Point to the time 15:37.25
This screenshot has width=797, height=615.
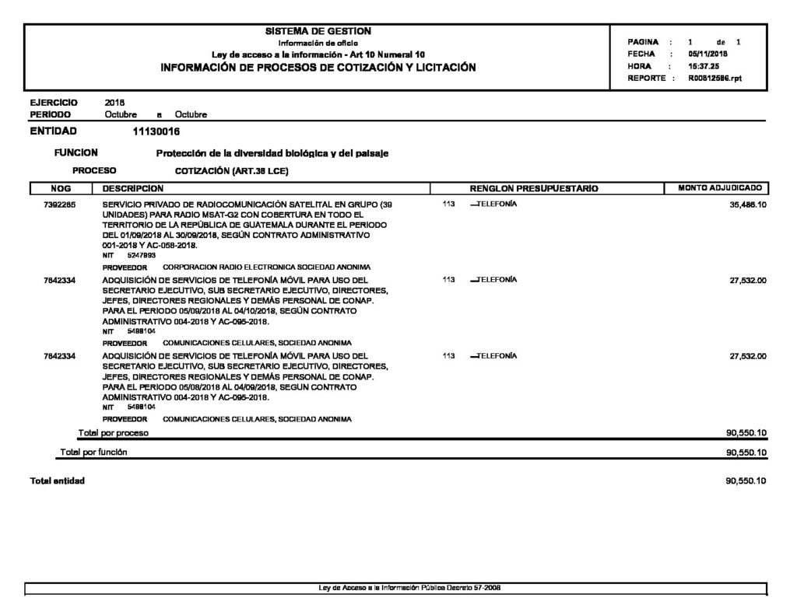pyautogui.click(x=702, y=67)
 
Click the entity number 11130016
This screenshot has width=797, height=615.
pyautogui.click(x=157, y=131)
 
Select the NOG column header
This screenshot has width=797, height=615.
pyautogui.click(x=61, y=188)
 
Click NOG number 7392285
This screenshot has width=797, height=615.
pyautogui.click(x=60, y=204)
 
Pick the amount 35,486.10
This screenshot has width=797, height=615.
pyautogui.click(x=748, y=204)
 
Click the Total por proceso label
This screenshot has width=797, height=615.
pyautogui.click(x=114, y=432)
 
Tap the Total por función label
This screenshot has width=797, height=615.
pyautogui.click(x=94, y=452)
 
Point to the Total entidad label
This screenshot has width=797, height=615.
pyautogui.click(x=57, y=481)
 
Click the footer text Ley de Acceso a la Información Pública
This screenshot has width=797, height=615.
pyautogui.click(x=409, y=588)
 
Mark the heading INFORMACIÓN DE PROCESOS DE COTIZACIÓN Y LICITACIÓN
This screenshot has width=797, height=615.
pyautogui.click(x=318, y=68)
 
